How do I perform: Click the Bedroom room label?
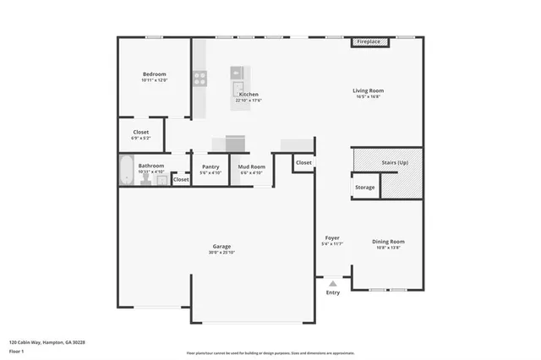click(154, 74)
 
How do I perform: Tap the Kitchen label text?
click(248, 94)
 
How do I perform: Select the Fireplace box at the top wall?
click(368, 41)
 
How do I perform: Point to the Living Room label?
click(369, 90)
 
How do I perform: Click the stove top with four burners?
click(200, 79)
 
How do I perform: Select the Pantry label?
click(210, 166)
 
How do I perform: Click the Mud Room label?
click(252, 166)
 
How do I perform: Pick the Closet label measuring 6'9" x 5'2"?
click(140, 132)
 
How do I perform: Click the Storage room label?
click(365, 187)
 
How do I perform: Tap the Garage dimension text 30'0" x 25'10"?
click(221, 253)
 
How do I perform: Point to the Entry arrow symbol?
click(333, 283)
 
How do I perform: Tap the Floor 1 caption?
click(17, 351)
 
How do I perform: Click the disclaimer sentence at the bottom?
click(270, 353)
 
